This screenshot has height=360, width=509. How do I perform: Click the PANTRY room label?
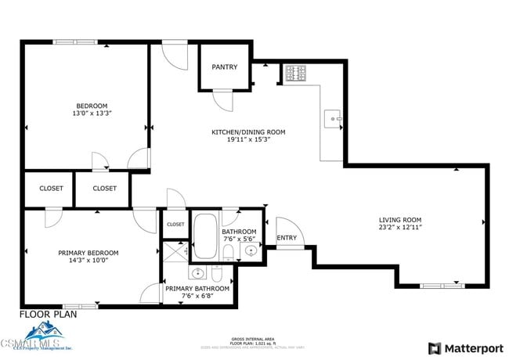[224, 67]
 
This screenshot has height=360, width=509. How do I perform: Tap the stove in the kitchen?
[295, 73]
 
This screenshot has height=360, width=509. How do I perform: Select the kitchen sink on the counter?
[334, 119]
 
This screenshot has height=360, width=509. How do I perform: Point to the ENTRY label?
[287, 238]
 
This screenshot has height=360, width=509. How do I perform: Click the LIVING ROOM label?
[400, 220]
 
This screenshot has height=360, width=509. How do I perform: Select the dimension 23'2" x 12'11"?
[400, 228]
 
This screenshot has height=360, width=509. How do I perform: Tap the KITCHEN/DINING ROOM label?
[248, 132]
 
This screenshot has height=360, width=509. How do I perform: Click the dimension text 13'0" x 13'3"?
[91, 113]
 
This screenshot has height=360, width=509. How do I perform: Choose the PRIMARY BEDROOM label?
[88, 253]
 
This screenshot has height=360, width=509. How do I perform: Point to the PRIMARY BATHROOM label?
[197, 289]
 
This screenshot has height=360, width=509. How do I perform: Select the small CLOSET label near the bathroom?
[175, 225]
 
